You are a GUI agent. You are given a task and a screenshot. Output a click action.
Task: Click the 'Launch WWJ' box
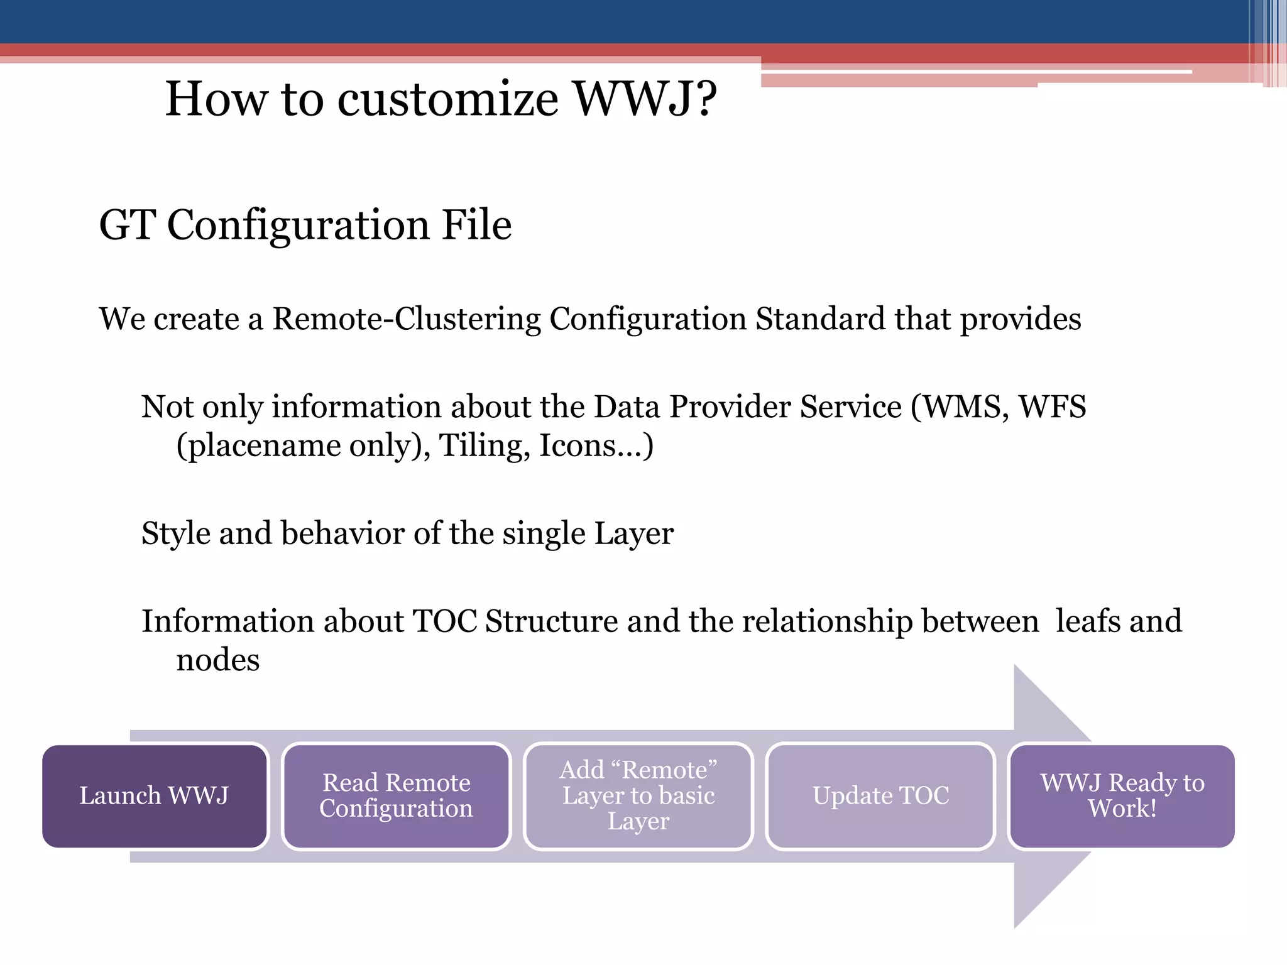tap(155, 796)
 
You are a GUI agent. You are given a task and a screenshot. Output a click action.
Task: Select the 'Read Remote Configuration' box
tap(396, 796)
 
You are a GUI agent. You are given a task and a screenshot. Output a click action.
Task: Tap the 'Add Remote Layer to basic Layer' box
tap(638, 796)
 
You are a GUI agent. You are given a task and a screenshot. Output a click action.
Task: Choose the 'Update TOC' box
tap(880, 796)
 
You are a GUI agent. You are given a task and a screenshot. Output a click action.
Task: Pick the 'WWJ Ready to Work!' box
tap(1122, 796)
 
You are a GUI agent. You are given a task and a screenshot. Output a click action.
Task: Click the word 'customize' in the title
tap(447, 99)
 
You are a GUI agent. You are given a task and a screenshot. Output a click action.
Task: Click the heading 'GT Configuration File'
tap(305, 225)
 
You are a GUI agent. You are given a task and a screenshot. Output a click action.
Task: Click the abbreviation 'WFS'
tap(1052, 407)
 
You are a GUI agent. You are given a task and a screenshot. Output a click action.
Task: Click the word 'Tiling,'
tap(484, 446)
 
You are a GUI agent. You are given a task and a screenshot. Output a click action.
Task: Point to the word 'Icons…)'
tap(596, 446)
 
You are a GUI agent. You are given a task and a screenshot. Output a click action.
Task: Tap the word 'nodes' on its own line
tap(217, 661)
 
